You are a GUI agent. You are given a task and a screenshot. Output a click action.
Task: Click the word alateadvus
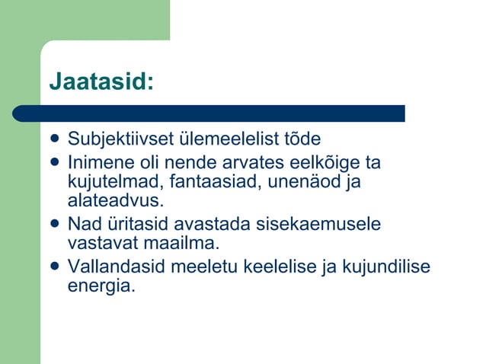click(115, 202)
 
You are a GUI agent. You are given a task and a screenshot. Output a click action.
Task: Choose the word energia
click(101, 287)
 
